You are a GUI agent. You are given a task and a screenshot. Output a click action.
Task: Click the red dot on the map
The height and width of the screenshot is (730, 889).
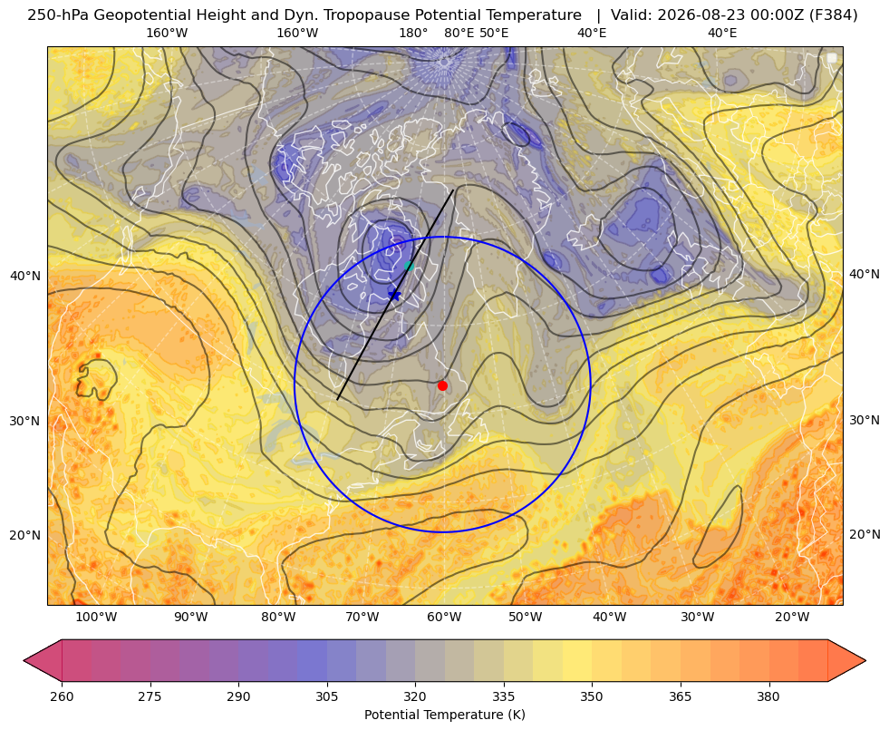[443, 385]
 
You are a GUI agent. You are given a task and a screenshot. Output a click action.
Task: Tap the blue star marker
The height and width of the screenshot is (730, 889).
[394, 295]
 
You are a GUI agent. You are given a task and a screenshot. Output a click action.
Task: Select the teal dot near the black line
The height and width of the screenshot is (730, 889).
[409, 266]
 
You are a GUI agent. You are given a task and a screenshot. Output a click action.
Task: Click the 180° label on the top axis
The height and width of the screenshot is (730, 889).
[413, 34]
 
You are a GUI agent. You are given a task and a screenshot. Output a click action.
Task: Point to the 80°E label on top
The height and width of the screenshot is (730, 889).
[459, 34]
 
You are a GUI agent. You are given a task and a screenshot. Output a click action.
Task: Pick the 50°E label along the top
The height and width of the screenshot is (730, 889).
[494, 34]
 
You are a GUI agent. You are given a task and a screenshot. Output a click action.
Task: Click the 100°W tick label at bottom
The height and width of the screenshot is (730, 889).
[96, 618]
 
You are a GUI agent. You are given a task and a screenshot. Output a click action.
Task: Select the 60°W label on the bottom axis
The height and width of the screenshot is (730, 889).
[443, 618]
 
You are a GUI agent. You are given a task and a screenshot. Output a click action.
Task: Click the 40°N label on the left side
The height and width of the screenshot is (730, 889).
[25, 277]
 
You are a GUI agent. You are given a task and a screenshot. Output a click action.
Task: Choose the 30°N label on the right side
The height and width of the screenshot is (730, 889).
[865, 420]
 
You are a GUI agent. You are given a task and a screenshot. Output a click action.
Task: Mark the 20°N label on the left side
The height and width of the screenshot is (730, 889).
[25, 535]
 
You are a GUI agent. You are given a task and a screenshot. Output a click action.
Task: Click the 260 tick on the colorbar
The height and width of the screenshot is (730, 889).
[62, 696]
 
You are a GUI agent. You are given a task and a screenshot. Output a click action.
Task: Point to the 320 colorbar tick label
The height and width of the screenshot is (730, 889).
[415, 696]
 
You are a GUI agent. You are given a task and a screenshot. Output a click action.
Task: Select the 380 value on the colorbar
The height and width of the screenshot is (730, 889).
[768, 696]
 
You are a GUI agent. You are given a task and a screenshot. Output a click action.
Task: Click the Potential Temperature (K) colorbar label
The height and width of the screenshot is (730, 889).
[444, 715]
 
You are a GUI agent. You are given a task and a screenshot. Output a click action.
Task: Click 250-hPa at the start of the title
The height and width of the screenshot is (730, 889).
[58, 15]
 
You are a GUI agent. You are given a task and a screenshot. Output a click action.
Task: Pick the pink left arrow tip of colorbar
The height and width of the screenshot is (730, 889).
[24, 660]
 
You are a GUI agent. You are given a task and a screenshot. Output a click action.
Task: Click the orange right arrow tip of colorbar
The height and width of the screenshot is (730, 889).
[865, 660]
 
